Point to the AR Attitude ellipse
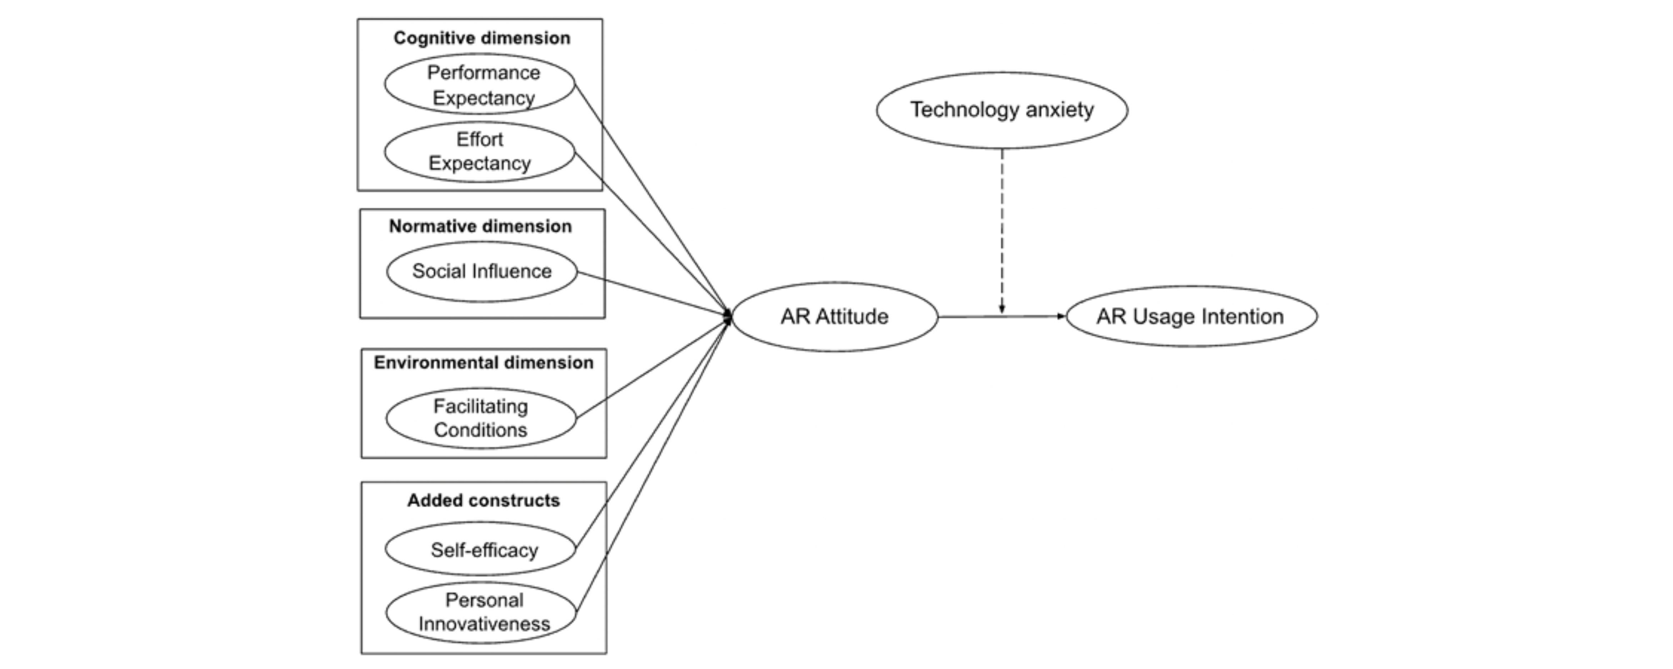[x=835, y=316]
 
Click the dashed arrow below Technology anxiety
[x=1002, y=227]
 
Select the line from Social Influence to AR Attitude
[x=653, y=293]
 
